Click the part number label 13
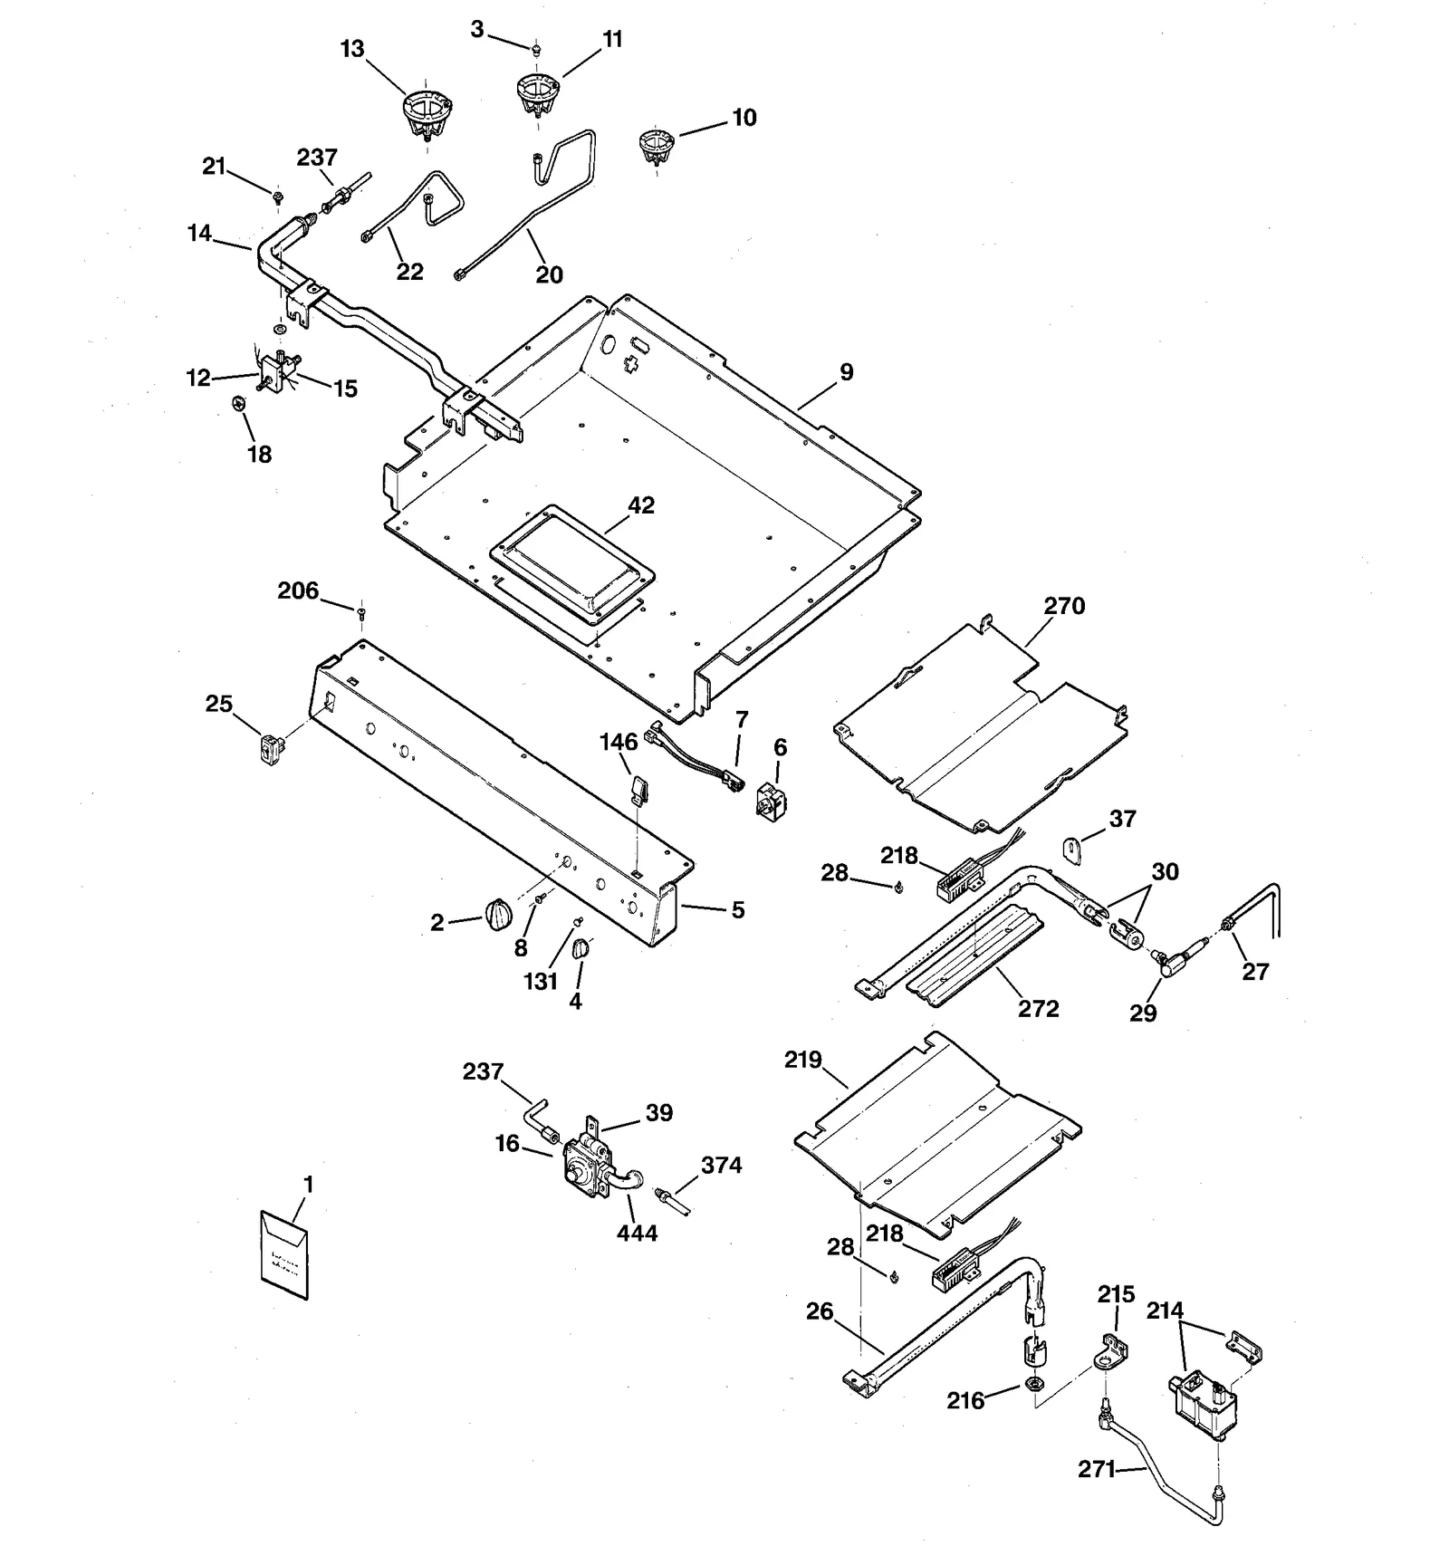pyautogui.click(x=352, y=49)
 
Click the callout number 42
pyautogui.click(x=641, y=505)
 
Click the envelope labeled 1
pyautogui.click(x=284, y=1255)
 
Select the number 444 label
pyautogui.click(x=637, y=1233)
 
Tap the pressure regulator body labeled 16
pyautogui.click(x=580, y=1167)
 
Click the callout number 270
pyautogui.click(x=1064, y=606)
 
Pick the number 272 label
pyautogui.click(x=1038, y=1009)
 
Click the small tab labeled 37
pyautogui.click(x=1073, y=850)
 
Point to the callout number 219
pyautogui.click(x=802, y=1060)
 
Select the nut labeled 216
pyautogui.click(x=1032, y=1384)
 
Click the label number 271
pyautogui.click(x=1097, y=1469)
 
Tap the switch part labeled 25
pyautogui.click(x=268, y=748)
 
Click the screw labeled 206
pyautogui.click(x=362, y=613)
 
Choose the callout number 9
pyautogui.click(x=846, y=372)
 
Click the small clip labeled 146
pyautogui.click(x=638, y=788)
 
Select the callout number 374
pyautogui.click(x=722, y=1166)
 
